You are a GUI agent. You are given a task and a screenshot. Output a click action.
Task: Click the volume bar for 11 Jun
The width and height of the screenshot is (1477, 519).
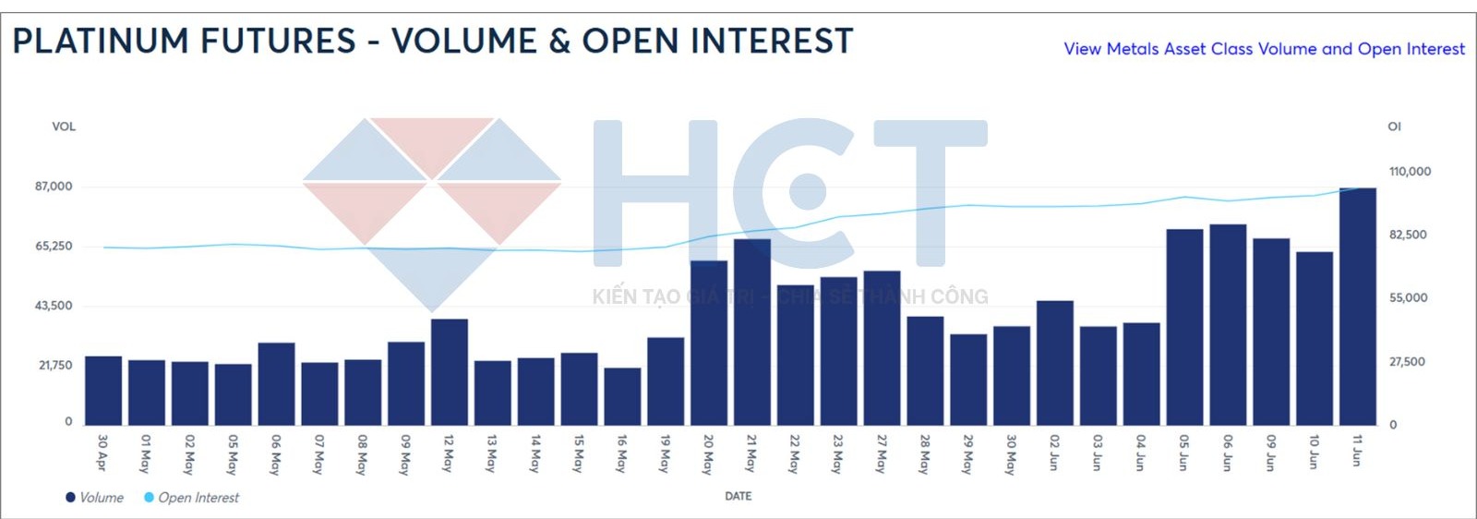[1358, 307]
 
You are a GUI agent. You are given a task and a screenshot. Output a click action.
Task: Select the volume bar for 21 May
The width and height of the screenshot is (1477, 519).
[752, 332]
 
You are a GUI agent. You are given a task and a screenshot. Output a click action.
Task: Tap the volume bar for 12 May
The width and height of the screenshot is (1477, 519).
[450, 372]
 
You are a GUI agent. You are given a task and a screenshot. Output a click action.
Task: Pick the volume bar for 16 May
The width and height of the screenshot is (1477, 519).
[622, 396]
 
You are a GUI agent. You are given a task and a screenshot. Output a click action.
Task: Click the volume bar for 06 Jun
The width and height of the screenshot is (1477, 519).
[1229, 325]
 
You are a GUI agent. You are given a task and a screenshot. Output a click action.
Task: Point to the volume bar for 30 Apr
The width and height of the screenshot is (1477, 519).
[103, 391]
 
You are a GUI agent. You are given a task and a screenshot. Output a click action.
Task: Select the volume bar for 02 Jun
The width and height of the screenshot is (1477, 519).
[1055, 363]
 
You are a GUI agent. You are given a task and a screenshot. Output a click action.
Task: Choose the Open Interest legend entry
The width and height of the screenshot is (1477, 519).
[191, 497]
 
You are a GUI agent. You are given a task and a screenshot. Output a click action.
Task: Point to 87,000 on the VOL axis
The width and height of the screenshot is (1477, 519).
[54, 187]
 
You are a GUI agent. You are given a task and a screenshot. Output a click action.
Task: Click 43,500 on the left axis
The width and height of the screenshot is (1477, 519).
[54, 306]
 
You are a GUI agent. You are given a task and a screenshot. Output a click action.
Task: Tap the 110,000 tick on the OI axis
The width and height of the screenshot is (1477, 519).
[1410, 172]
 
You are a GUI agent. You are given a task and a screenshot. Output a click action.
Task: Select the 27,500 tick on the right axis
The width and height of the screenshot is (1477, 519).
[1407, 362]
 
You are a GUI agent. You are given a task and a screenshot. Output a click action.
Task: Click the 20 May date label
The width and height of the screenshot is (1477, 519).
[708, 453]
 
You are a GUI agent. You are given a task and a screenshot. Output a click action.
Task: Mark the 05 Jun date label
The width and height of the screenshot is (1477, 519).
[1184, 453]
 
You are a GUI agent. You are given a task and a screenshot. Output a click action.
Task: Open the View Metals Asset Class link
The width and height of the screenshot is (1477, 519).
[1264, 49]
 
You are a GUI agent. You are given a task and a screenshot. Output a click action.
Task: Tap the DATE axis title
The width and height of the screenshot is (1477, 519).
[738, 496]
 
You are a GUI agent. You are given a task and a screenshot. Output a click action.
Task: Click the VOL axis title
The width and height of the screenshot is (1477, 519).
[64, 127]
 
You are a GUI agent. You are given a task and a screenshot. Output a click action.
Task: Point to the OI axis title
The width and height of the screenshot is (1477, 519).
[1395, 127]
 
